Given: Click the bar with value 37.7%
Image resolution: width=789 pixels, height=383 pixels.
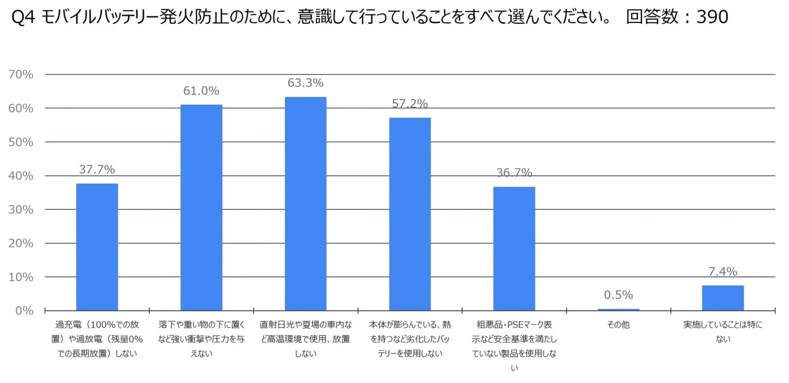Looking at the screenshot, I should point(97,247).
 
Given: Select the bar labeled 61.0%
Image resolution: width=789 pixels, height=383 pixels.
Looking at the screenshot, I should point(201,208).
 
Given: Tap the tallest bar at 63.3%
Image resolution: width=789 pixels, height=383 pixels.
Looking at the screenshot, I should point(306,203).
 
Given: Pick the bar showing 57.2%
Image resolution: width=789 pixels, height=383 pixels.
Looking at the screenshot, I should point(410,214).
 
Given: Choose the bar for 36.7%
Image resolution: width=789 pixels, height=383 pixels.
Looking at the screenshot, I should point(514,249).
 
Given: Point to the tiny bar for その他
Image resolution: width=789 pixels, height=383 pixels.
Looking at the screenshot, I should point(618,309).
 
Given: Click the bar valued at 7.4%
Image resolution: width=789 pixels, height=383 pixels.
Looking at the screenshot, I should point(723,298).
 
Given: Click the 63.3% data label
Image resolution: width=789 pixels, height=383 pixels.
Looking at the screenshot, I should point(306,83).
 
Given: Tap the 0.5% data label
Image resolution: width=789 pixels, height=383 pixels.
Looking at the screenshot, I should point(618,295).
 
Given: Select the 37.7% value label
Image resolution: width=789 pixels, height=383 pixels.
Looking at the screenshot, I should point(97,169).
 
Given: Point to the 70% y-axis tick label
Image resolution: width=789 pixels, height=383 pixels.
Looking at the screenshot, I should point(21,74).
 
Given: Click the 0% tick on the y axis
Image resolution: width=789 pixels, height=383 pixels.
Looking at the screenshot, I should point(24,311).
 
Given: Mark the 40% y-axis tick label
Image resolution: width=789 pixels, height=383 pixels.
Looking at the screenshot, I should point(21,176).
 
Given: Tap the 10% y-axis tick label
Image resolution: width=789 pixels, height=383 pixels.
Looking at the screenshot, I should point(21,277).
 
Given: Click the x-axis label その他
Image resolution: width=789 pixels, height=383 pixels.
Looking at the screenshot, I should point(618,325).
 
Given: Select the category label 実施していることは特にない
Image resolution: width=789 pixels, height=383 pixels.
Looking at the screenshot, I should point(723,332).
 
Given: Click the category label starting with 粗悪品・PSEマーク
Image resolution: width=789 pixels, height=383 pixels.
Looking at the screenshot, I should point(514,339).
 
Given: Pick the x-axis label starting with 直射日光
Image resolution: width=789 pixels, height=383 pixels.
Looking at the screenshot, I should point(306,339).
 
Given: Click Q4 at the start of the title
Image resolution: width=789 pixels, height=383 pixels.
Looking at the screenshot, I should point(23,17).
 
